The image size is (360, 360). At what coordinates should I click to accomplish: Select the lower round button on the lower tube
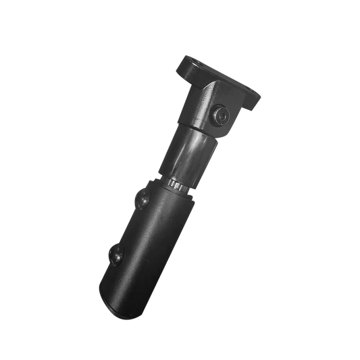click(115, 255)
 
